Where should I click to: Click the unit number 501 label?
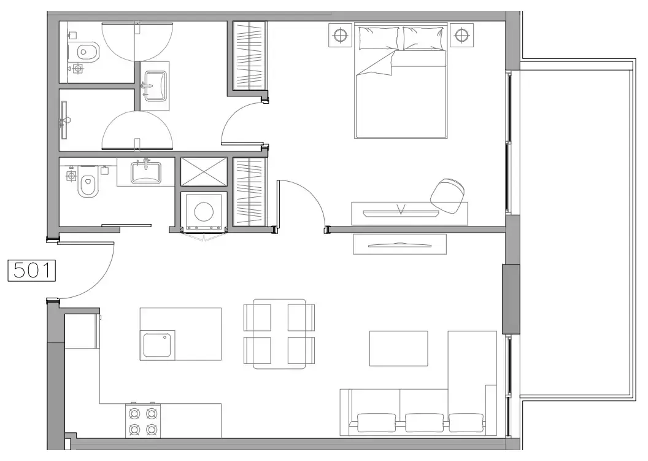[31, 271]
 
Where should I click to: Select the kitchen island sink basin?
[159, 345]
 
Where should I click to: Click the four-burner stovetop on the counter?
[142, 420]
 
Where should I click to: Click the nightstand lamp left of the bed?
[339, 35]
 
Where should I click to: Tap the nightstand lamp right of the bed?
[461, 35]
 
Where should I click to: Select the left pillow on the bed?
[379, 37]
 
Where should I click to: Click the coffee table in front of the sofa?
[398, 348]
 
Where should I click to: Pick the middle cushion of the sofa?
[424, 422]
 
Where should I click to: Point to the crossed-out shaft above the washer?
[204, 171]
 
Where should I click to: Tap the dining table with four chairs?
[279, 334]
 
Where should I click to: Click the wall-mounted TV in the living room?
[399, 244]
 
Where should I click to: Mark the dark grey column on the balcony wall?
[511, 299]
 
